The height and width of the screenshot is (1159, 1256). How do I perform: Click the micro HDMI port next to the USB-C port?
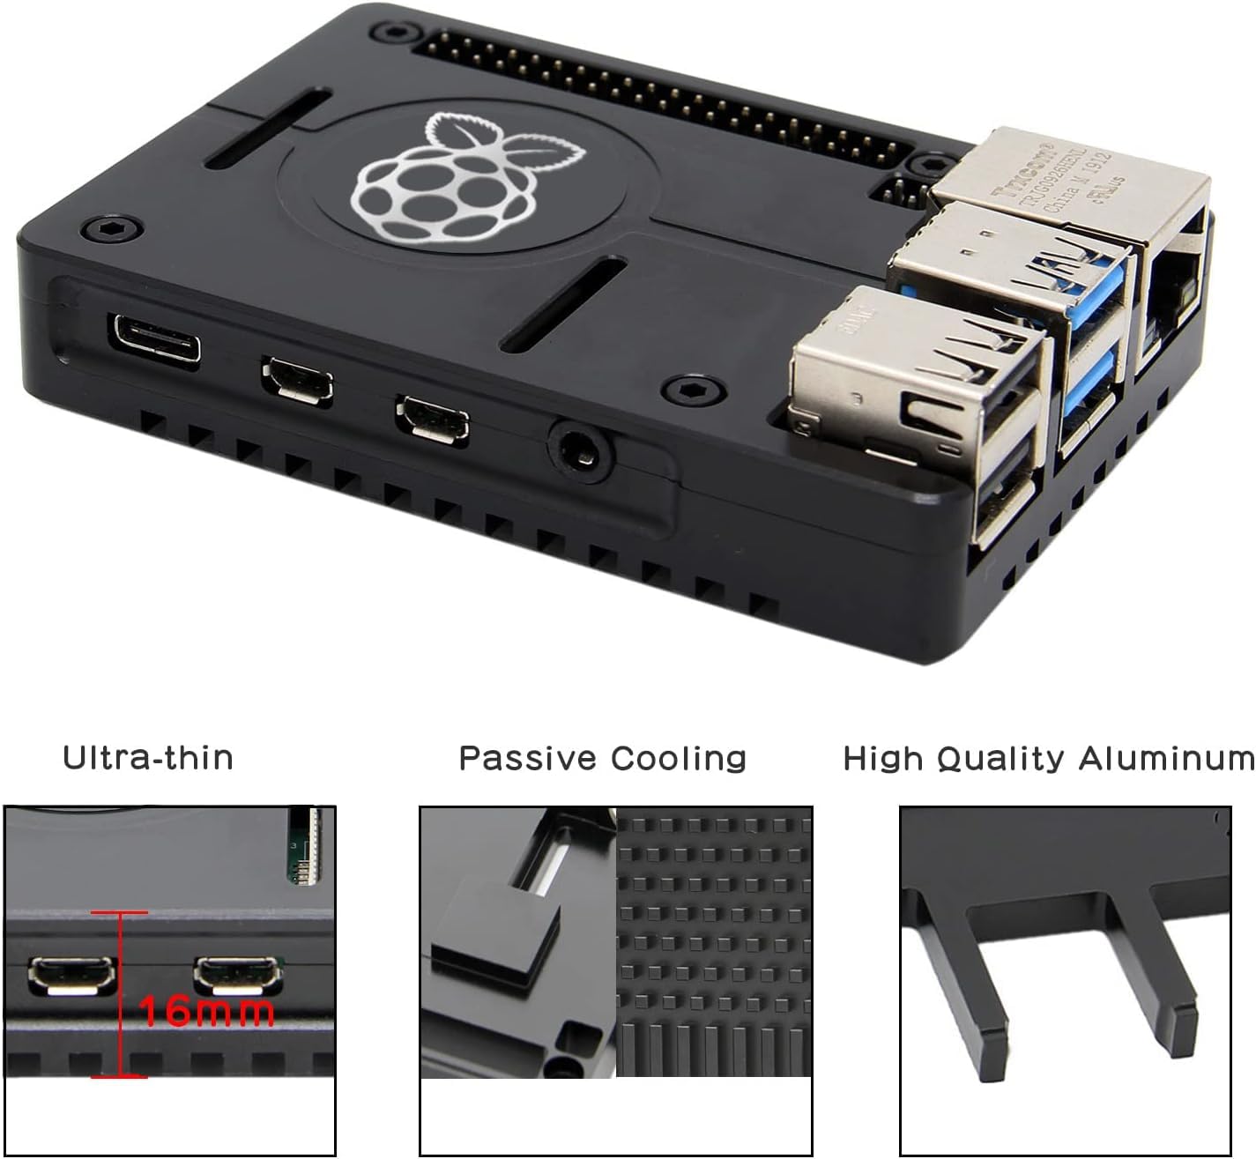(x=297, y=381)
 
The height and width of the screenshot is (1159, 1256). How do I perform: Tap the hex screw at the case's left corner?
(x=110, y=229)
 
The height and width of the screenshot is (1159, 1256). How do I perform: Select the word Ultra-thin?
(x=148, y=758)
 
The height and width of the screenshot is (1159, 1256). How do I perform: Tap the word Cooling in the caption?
(x=679, y=758)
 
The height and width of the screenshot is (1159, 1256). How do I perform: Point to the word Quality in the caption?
(x=1000, y=758)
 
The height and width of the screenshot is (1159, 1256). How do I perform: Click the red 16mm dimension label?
(x=208, y=1011)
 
